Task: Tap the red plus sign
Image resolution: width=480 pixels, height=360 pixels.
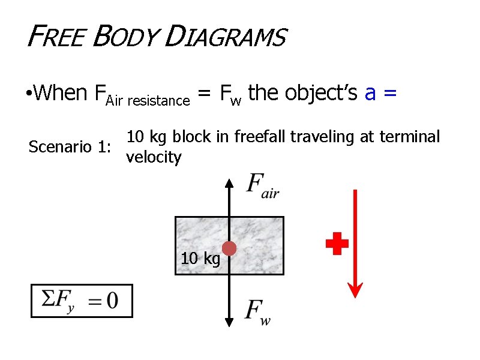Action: (337, 244)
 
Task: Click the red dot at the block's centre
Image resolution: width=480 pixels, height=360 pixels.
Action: (229, 248)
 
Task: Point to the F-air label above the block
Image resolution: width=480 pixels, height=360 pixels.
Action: (263, 185)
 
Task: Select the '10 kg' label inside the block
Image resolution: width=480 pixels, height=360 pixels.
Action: (200, 259)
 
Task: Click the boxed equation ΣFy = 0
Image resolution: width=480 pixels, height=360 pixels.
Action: (82, 301)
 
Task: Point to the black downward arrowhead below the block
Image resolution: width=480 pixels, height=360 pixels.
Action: (229, 322)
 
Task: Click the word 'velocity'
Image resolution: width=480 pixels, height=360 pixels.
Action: (153, 157)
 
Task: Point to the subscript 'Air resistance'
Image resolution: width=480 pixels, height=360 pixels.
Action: (148, 100)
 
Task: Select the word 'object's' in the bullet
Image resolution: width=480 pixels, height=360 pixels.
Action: (322, 93)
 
